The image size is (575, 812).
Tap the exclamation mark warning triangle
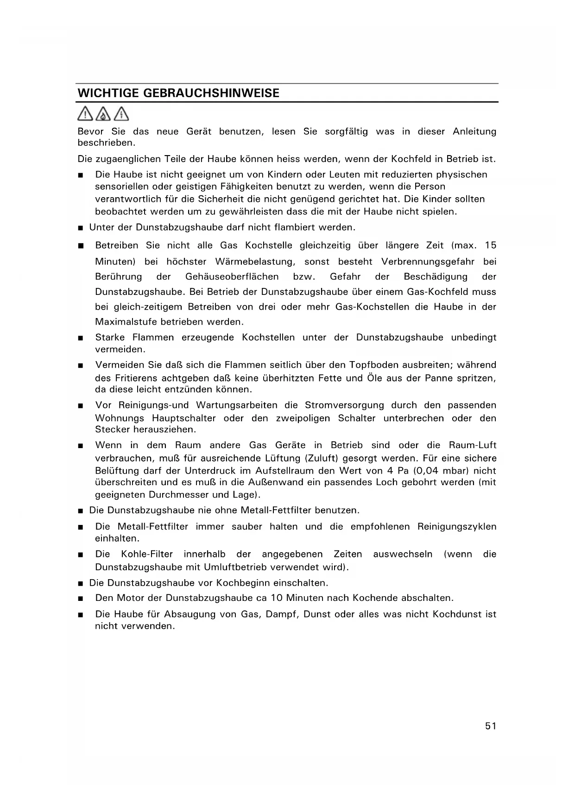[x=85, y=113]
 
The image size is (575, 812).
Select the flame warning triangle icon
[x=103, y=113]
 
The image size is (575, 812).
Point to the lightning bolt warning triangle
[x=121, y=113]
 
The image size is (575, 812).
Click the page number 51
[x=491, y=726]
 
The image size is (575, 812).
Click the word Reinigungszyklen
[x=456, y=526]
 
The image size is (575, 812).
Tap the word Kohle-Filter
[x=147, y=554]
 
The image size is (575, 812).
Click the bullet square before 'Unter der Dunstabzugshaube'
[x=80, y=228]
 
